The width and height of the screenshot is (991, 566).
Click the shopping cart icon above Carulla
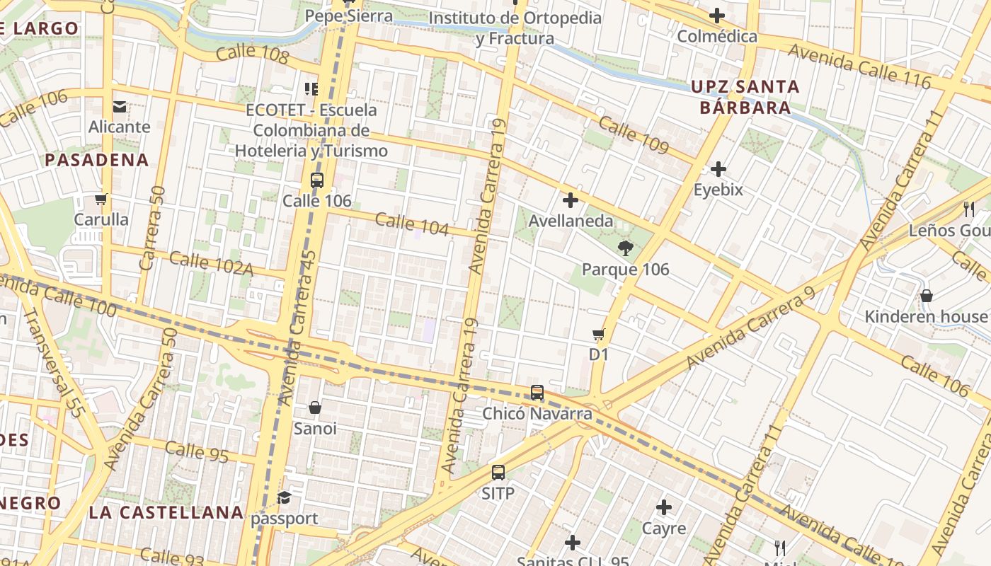(101, 199)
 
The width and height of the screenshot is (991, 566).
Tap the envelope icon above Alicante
(119, 107)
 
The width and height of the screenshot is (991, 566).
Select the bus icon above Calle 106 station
(316, 180)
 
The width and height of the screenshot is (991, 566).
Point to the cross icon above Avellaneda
(570, 200)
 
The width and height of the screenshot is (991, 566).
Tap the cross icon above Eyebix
(718, 169)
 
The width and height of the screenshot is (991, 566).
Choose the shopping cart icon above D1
(599, 334)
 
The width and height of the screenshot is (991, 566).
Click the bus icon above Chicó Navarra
(537, 393)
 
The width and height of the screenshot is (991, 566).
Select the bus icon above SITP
(498, 473)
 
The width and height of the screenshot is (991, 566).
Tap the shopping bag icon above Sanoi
(315, 408)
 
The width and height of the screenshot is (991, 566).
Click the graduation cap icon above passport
(285, 498)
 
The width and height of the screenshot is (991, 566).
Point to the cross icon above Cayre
(664, 507)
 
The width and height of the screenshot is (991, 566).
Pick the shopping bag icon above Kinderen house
(926, 296)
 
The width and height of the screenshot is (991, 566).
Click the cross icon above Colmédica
(717, 16)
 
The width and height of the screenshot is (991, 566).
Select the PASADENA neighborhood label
(97, 160)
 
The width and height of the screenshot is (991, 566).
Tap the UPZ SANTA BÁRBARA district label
(745, 98)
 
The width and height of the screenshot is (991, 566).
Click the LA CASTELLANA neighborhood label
(166, 512)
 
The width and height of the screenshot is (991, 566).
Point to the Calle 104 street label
(412, 224)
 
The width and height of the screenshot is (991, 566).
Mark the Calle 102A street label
(211, 262)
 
